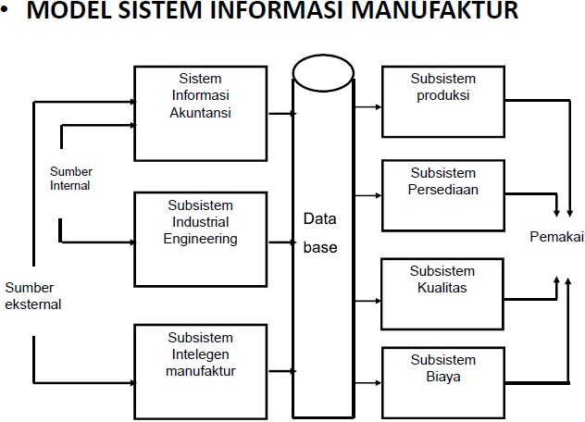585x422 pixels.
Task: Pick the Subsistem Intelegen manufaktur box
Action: coord(201,362)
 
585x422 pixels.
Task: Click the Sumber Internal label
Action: coord(70,179)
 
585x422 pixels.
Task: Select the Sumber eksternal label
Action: coord(32,295)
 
